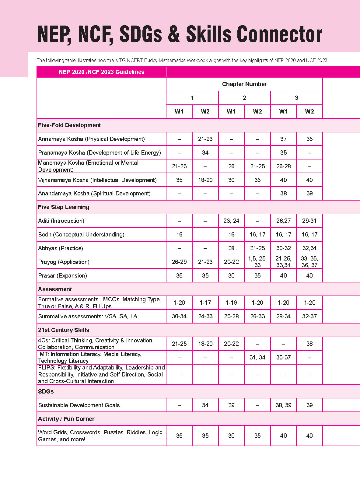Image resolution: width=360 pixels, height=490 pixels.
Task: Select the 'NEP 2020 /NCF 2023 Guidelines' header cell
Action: [101, 72]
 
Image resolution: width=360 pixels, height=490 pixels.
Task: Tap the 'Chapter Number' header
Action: [244, 84]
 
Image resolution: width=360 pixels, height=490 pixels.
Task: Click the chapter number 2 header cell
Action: [244, 98]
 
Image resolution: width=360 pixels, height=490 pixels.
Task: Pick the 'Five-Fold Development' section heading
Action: [69, 125]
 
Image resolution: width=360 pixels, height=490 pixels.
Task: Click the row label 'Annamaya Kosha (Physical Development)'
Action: [91, 139]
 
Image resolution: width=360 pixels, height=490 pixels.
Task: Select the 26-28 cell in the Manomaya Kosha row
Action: [283, 166]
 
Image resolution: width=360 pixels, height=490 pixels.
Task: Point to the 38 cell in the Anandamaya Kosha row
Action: [283, 194]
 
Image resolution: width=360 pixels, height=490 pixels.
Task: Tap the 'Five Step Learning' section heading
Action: [64, 207]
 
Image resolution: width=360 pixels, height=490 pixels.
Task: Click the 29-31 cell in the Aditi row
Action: [309, 221]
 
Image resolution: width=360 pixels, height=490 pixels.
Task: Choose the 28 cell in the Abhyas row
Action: [231, 248]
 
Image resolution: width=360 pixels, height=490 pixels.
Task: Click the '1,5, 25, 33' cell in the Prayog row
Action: [257, 262]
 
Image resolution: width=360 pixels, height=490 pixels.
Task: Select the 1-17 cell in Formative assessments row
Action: [205, 303]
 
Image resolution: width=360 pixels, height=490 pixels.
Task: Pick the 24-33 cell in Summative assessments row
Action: [205, 317]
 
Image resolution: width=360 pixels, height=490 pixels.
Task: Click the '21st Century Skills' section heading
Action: [64, 330]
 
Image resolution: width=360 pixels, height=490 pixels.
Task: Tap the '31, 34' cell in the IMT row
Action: [257, 358]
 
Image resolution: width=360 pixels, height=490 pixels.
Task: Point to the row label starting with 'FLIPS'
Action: [101, 374]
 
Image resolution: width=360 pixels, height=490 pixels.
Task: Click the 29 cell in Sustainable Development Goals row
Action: [231, 405]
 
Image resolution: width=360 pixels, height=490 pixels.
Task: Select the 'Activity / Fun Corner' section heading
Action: [66, 419]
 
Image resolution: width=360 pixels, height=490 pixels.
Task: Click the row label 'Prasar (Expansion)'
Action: [62, 276]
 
